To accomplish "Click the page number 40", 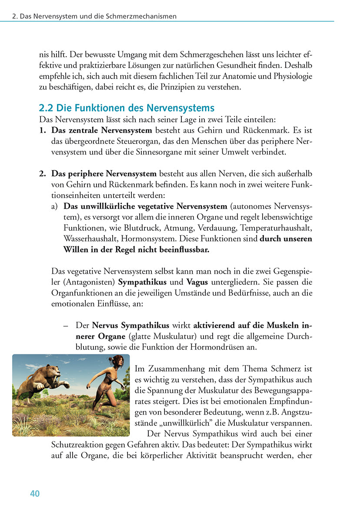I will [35, 493].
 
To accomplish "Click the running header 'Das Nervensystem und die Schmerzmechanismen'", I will [98, 17].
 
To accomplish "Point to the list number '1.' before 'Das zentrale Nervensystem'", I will [43, 130].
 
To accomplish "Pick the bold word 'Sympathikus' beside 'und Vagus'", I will [142, 282].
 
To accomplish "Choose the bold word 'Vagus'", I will [197, 282].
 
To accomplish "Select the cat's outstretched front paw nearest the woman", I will [66, 385].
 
